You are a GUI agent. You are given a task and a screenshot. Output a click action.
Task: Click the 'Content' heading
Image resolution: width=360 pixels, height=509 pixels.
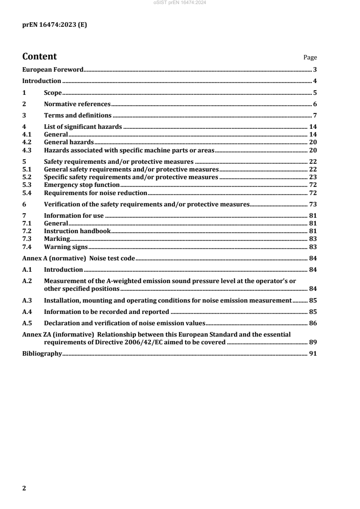click(x=39, y=57)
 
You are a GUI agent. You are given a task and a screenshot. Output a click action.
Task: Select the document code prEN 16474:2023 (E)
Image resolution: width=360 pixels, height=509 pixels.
click(x=54, y=25)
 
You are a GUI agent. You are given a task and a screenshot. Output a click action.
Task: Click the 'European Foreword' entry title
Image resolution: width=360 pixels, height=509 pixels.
click(x=53, y=69)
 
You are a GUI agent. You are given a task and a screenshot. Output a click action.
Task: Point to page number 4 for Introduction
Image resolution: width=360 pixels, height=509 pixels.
click(x=315, y=81)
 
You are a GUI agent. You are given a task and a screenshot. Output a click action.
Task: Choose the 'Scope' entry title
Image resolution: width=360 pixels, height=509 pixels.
click(x=53, y=93)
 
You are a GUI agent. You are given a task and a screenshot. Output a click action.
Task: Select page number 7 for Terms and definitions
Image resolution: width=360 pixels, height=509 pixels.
click(x=315, y=116)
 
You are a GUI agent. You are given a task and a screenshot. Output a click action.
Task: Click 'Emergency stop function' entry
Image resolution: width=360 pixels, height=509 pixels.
click(x=82, y=185)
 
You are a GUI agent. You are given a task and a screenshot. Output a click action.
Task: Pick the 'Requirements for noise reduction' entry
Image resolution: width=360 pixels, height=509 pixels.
click(x=95, y=193)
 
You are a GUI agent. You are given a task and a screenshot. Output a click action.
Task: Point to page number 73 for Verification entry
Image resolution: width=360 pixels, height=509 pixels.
click(x=313, y=204)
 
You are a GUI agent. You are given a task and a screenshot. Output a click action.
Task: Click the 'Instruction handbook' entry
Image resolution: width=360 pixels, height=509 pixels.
click(x=77, y=231)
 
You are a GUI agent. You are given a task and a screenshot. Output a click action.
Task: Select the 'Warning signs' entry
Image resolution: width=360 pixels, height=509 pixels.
click(x=65, y=247)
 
